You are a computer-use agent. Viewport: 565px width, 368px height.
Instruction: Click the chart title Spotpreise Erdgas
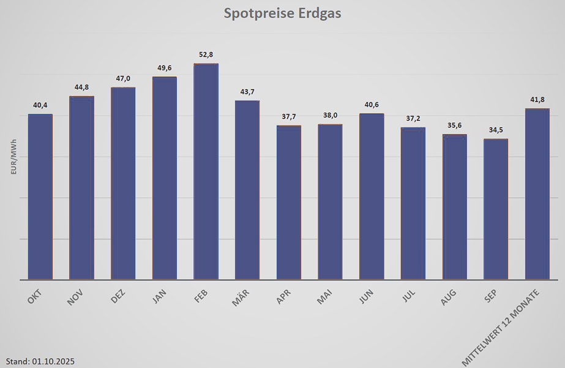point(282,13)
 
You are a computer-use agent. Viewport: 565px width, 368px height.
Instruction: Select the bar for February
point(206,171)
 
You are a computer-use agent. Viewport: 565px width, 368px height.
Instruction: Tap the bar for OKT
point(40,197)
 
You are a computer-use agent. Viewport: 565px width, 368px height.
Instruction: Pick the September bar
point(495,209)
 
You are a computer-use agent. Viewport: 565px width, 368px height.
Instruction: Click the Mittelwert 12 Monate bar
point(537,193)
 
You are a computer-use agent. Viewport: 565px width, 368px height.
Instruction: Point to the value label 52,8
point(206,54)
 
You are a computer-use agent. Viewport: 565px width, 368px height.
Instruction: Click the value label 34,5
point(496,130)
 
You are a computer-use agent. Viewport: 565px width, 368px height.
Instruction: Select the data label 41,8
point(537,99)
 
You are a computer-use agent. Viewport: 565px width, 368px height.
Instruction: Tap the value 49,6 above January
point(165,68)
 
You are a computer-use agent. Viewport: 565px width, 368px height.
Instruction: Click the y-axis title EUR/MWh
point(13,157)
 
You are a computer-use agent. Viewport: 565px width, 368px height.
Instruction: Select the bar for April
point(288,202)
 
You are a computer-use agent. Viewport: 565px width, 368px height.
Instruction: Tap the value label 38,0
point(331,115)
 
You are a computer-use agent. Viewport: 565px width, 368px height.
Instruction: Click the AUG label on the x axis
point(449,298)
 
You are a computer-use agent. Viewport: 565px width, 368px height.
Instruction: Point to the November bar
point(81,187)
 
